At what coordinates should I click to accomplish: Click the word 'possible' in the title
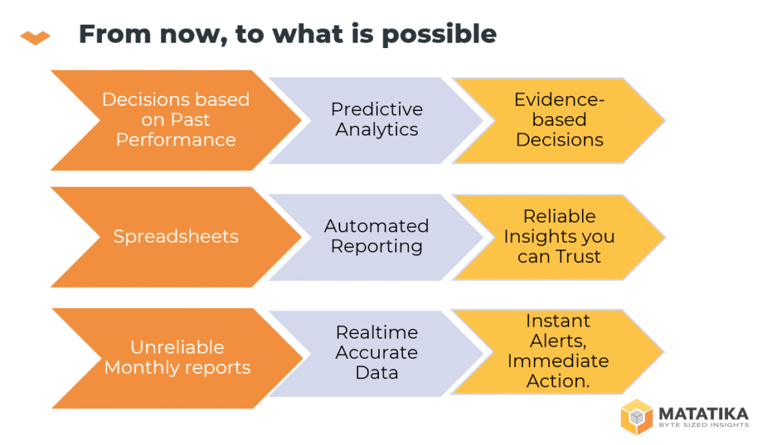click(439, 35)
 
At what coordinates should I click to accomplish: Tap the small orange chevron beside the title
click(35, 37)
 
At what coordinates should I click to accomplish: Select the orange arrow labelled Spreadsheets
click(176, 237)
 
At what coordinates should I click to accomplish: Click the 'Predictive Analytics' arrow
click(376, 121)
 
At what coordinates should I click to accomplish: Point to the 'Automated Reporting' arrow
click(376, 237)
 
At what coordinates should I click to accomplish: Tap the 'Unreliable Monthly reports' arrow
click(177, 358)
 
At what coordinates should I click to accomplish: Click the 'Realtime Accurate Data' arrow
click(376, 353)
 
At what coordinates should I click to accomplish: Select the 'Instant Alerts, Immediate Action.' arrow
click(557, 351)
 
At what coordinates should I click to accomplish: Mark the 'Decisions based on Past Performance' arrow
click(176, 121)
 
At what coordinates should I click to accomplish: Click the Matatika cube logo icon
click(637, 417)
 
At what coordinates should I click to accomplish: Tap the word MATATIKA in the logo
click(703, 414)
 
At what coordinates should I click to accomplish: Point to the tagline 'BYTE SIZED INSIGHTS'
click(703, 425)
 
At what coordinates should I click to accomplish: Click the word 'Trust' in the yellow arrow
click(578, 256)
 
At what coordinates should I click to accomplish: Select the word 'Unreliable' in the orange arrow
click(177, 347)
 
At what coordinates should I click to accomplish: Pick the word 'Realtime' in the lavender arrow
click(377, 333)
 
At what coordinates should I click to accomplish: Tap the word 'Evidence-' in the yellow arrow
click(560, 100)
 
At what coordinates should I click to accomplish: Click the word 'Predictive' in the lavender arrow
click(377, 109)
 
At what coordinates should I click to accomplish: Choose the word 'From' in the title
click(115, 34)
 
